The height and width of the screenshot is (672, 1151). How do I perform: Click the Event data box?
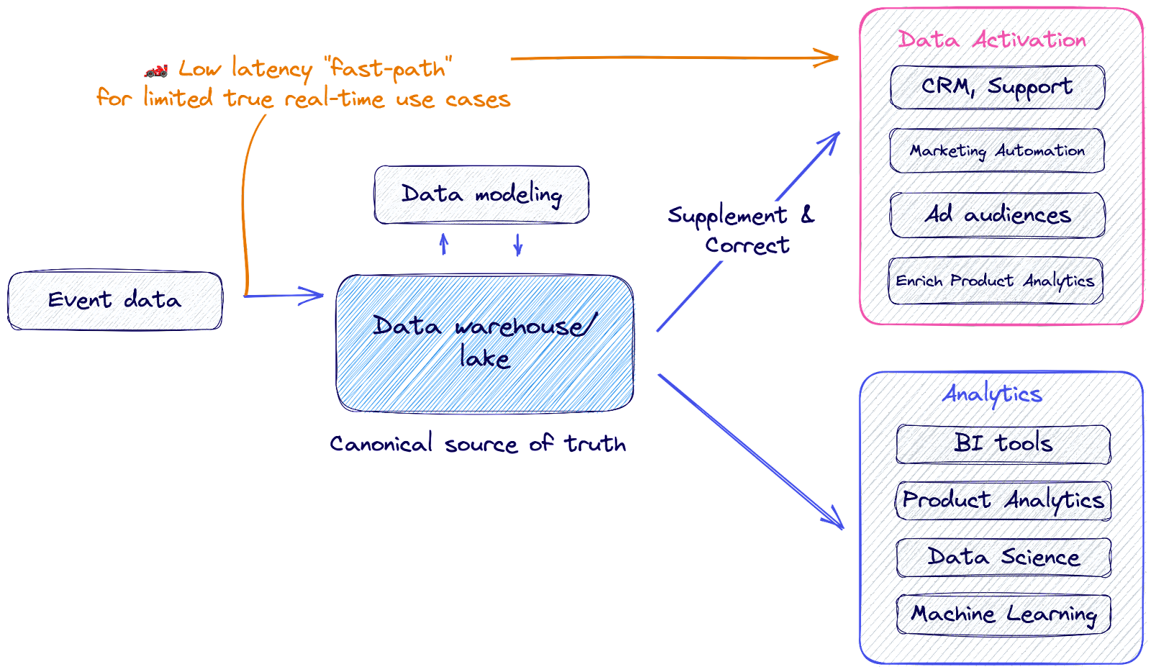tap(115, 301)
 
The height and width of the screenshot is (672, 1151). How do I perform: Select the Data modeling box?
tap(481, 195)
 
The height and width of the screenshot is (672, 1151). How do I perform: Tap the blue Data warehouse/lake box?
tap(485, 343)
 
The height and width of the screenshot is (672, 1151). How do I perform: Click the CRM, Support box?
tap(997, 88)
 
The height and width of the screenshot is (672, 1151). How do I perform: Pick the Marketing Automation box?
tap(997, 151)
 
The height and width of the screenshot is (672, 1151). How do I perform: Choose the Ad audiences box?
tap(997, 215)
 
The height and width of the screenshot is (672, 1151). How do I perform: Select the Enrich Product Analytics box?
tap(996, 281)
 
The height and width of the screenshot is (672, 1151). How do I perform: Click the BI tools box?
tap(1004, 444)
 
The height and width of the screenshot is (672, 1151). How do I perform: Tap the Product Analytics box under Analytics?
tap(1004, 500)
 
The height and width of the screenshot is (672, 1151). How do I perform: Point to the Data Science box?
tap(1004, 557)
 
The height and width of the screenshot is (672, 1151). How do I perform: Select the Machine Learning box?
tap(1004, 614)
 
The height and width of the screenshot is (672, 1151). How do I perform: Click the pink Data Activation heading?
tap(992, 40)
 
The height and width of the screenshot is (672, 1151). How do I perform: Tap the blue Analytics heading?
tap(992, 394)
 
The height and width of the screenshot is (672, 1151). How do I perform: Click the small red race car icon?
tap(156, 70)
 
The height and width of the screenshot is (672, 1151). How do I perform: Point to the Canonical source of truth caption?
tap(478, 444)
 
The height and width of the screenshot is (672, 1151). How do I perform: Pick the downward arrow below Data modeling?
tap(518, 245)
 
